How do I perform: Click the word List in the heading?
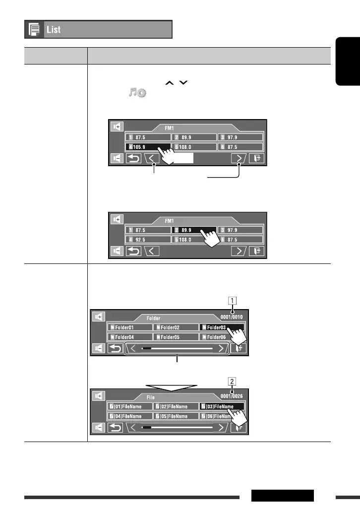pos(54,30)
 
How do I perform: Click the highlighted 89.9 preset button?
pos(194,230)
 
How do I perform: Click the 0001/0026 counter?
pos(232,397)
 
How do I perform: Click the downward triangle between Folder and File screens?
pos(171,385)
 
